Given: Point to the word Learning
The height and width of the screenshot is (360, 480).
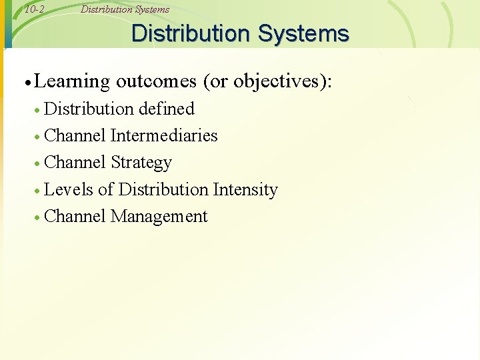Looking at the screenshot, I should click(71, 82).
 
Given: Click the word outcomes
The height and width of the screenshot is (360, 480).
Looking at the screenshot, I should click(156, 82).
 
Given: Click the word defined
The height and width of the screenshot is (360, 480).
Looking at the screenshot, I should click(167, 109).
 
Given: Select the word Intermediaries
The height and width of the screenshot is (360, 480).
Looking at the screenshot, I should click(164, 135).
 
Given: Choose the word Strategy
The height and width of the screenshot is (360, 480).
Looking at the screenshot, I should click(141, 163).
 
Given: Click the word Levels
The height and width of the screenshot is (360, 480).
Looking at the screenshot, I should click(69, 189).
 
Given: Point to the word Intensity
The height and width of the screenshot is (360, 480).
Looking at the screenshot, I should click(245, 189).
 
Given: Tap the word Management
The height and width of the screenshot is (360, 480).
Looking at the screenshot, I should click(159, 217).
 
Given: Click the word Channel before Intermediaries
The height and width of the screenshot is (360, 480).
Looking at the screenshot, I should click(75, 135).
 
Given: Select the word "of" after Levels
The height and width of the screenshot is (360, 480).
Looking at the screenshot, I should click(105, 189).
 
